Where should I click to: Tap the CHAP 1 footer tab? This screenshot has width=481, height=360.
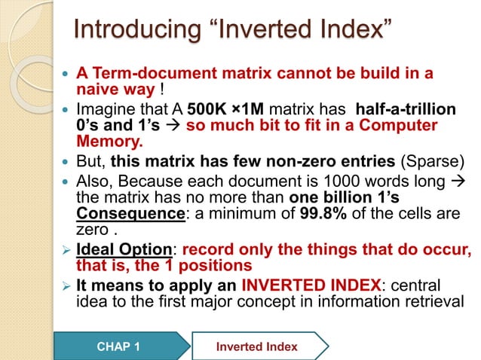[x=119, y=346]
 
